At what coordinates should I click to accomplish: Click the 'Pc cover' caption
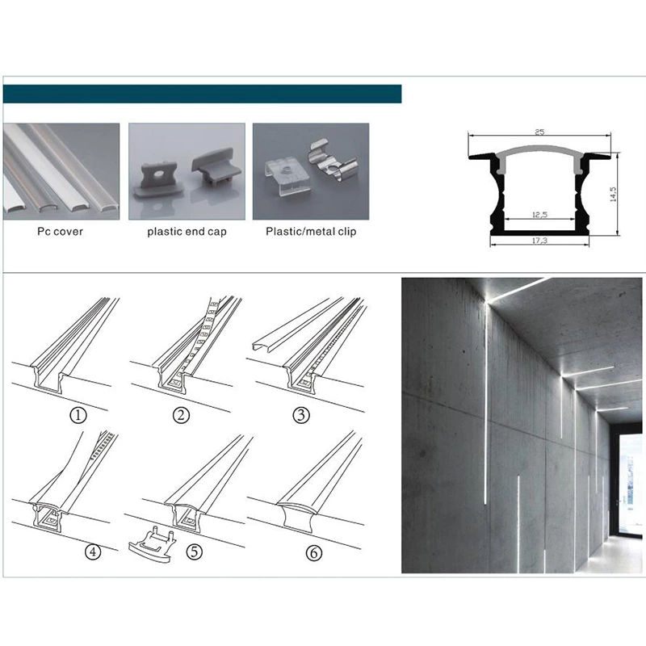[60, 231]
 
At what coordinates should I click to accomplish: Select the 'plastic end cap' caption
[187, 232]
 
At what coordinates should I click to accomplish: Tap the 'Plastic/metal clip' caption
[311, 232]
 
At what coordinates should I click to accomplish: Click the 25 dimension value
[539, 132]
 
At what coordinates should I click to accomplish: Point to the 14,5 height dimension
[613, 194]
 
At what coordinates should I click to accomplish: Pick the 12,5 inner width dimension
[539, 215]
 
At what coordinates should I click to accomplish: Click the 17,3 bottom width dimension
[539, 240]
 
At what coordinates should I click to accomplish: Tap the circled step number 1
[78, 415]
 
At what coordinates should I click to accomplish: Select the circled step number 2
[181, 415]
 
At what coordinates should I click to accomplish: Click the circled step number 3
[301, 415]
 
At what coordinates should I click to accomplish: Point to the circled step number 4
[93, 552]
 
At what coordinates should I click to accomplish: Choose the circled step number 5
[195, 552]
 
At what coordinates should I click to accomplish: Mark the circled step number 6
[314, 552]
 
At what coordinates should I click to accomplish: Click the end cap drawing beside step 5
[152, 544]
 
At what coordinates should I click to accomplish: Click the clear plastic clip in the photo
[285, 177]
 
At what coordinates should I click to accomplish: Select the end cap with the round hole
[158, 181]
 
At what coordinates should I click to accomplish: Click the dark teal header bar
[203, 94]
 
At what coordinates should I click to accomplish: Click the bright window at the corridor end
[631, 486]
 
